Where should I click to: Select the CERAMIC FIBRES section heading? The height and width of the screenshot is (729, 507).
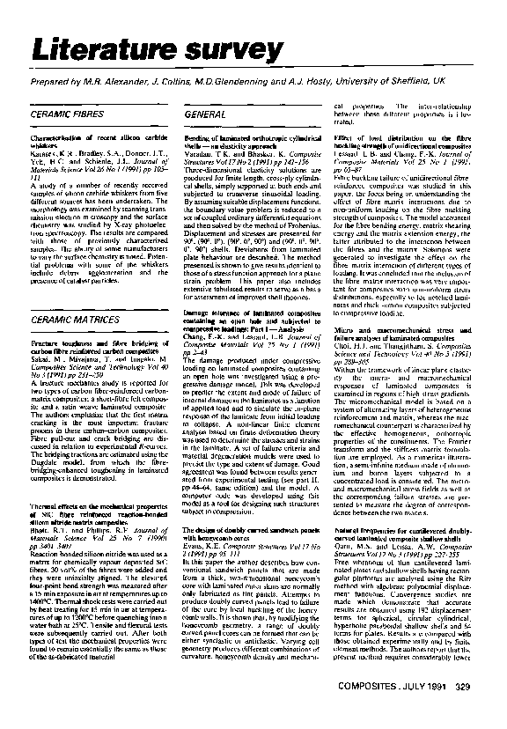tap(66, 115)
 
